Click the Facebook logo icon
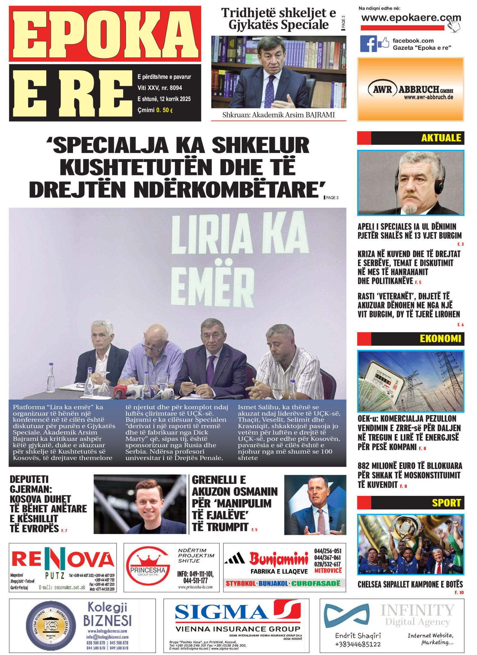(368, 44)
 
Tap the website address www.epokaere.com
(411, 18)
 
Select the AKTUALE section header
(441, 138)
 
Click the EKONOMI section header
(440, 338)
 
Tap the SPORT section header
(446, 503)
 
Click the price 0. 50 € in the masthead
(164, 110)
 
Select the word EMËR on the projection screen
(212, 284)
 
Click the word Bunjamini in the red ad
(278, 559)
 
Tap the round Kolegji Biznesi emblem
(51, 625)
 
